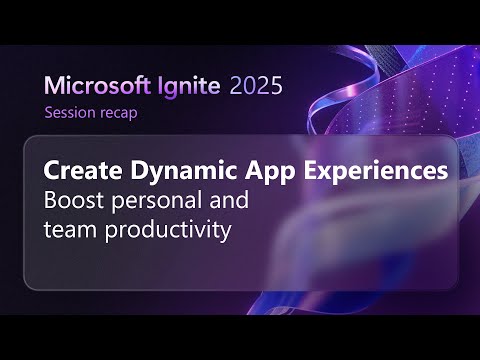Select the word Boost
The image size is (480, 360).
coord(71,200)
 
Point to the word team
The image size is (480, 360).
coord(68,230)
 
